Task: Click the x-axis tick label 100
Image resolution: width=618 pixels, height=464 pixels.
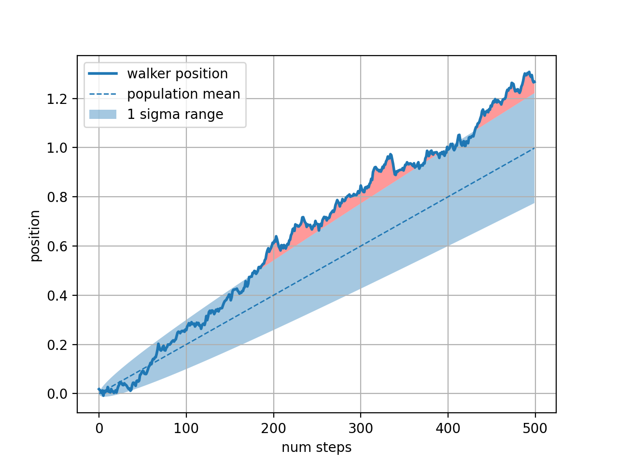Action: click(x=186, y=428)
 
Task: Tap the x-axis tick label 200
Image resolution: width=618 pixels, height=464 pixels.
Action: click(x=274, y=428)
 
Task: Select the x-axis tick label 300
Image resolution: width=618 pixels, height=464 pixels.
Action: click(x=361, y=428)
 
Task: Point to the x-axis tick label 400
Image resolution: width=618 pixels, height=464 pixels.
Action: click(x=448, y=428)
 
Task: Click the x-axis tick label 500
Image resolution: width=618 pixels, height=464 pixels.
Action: click(x=535, y=428)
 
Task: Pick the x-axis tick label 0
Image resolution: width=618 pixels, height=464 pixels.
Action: click(x=99, y=428)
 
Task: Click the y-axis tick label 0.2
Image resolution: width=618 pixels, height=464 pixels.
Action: click(x=58, y=345)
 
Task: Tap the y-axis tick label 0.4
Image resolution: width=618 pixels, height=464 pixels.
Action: click(x=58, y=295)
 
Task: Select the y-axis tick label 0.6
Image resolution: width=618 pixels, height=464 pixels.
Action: click(x=58, y=246)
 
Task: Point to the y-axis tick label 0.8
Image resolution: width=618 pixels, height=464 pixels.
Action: click(x=58, y=197)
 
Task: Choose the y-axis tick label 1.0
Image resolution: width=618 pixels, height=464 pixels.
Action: click(x=58, y=147)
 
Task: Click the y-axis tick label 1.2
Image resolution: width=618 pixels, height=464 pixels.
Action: click(x=58, y=99)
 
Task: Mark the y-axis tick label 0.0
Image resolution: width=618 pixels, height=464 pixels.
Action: click(x=58, y=394)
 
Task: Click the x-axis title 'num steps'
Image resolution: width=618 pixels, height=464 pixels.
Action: click(x=317, y=448)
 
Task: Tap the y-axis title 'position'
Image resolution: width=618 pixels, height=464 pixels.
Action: click(x=35, y=235)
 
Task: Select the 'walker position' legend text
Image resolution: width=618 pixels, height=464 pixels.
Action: click(x=177, y=73)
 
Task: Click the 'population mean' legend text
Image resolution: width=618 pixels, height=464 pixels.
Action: click(x=183, y=94)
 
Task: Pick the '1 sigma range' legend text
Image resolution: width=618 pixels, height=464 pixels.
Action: click(x=175, y=114)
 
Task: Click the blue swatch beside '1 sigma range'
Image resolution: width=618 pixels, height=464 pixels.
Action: click(x=103, y=114)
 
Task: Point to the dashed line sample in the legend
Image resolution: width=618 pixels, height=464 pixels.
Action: click(x=103, y=94)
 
